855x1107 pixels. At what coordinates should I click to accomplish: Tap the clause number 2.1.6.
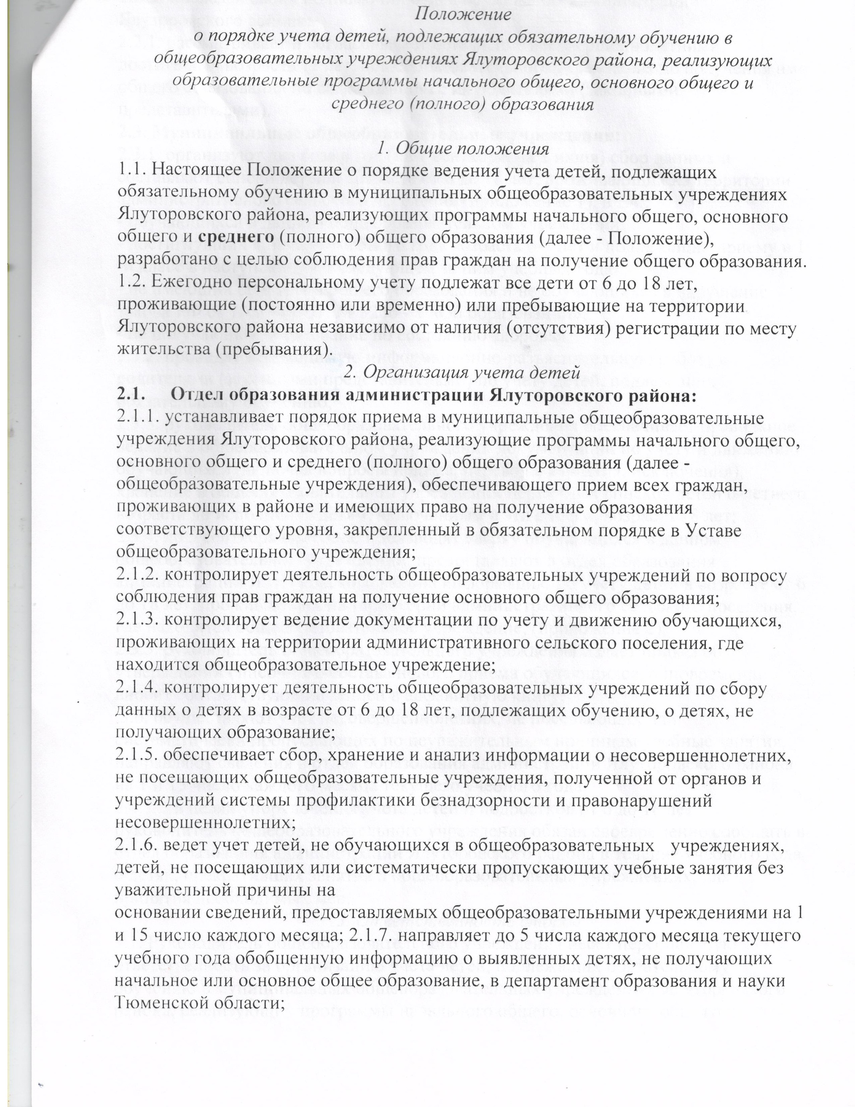point(138,841)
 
